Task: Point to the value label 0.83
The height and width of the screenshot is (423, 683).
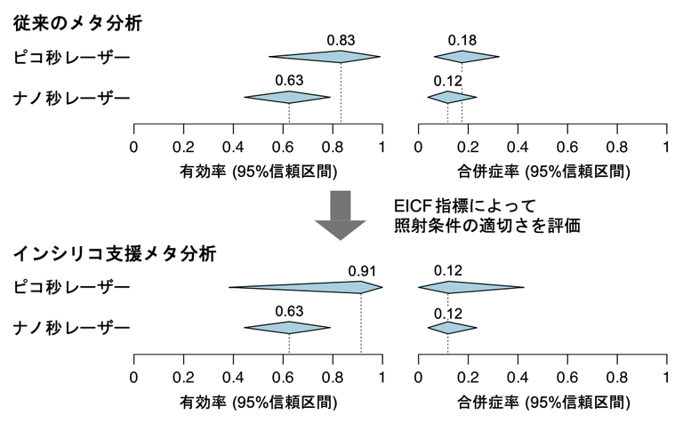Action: click(341, 40)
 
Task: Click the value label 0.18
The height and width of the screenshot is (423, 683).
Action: click(462, 40)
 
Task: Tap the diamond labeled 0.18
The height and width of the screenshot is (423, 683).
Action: click(462, 58)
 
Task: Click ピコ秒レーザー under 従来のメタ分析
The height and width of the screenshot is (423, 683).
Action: click(71, 58)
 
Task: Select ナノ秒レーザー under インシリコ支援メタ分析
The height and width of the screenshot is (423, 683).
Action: click(71, 329)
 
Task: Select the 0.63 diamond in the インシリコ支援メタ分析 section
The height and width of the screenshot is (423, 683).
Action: click(288, 328)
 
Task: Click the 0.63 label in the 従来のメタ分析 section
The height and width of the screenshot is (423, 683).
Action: click(289, 80)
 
